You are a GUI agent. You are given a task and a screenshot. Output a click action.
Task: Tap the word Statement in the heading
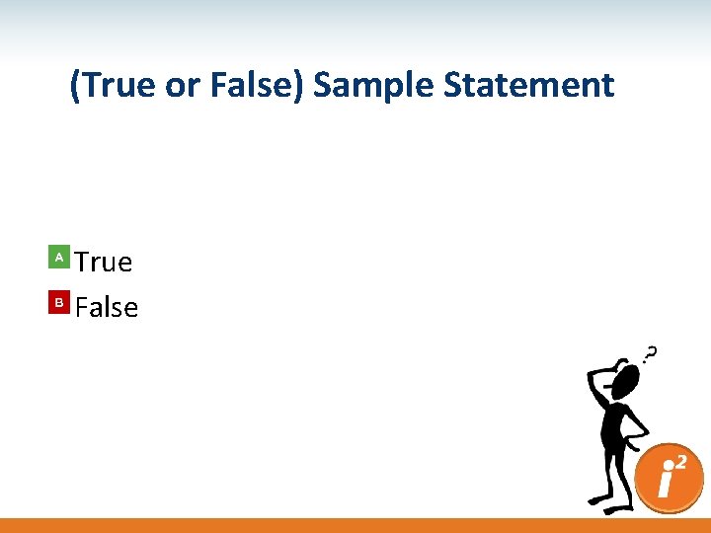click(x=529, y=85)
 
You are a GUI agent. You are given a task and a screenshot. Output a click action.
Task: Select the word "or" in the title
click(x=182, y=85)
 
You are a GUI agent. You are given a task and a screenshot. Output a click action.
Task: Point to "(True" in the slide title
click(x=113, y=85)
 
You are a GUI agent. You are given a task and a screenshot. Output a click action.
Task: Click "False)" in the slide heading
click(x=258, y=85)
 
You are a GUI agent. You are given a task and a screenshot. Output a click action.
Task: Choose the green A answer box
click(x=59, y=258)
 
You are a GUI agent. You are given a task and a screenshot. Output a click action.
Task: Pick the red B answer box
click(x=59, y=303)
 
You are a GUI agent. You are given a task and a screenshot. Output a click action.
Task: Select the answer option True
click(x=104, y=262)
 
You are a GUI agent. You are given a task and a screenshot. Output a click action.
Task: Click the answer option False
click(x=107, y=307)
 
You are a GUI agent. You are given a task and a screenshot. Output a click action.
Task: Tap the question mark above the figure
click(x=652, y=352)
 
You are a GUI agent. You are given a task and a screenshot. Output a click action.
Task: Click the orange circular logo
click(x=671, y=479)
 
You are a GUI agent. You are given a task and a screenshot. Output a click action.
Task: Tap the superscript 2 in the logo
click(x=680, y=462)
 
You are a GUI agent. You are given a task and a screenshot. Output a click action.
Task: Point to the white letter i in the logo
click(x=667, y=485)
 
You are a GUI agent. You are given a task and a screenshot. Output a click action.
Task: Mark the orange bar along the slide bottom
click(x=355, y=525)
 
